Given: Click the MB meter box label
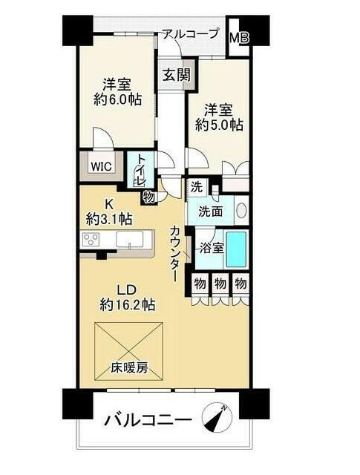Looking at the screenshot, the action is tap(239, 38).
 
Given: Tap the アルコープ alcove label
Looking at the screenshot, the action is tap(191, 33).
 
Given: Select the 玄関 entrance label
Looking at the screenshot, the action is tap(177, 74).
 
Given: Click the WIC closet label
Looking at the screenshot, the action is tap(102, 166).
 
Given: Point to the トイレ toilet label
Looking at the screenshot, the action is tap(141, 171).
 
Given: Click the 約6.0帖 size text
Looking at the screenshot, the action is tap(118, 99).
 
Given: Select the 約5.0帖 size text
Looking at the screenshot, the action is tap(219, 124).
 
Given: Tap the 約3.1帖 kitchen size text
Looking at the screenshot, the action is tap(109, 219).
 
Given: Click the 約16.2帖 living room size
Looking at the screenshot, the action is tap(128, 304).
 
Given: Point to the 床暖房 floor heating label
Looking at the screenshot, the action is tap(129, 368).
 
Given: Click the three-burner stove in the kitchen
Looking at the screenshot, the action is tap(91, 239).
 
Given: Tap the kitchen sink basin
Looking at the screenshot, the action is tap(129, 240).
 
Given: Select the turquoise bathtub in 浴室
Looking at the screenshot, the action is tap(236, 249).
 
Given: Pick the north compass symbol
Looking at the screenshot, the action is tap(217, 418).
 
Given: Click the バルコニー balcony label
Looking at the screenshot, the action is tap(148, 420).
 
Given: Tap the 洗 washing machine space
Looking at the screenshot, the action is tap(197, 188).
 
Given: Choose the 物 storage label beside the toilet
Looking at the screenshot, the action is tap(149, 197).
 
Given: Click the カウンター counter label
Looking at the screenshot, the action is tap(175, 253).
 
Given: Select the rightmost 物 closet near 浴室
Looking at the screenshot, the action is tap(240, 284).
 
